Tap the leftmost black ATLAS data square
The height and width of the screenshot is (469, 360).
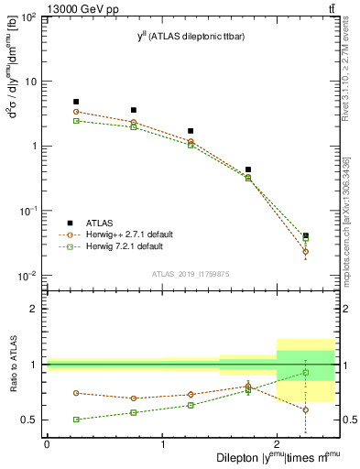click(x=76, y=102)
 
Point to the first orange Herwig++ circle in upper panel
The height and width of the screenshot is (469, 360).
click(x=76, y=112)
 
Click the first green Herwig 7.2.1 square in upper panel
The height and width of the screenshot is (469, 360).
click(x=76, y=121)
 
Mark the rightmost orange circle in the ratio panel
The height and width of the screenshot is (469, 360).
click(x=306, y=409)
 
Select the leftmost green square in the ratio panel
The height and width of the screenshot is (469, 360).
click(x=76, y=420)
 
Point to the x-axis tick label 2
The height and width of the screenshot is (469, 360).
click(x=277, y=445)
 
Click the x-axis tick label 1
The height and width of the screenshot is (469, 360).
click(x=162, y=445)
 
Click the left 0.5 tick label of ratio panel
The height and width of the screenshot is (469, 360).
click(x=33, y=420)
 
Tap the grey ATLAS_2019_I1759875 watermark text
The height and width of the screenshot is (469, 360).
click(x=191, y=273)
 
